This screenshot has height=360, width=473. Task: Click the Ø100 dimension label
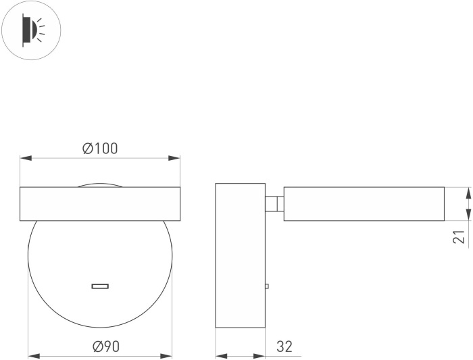click(x=100, y=149)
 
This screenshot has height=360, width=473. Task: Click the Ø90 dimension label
click(x=106, y=346)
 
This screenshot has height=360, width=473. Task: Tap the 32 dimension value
click(x=284, y=346)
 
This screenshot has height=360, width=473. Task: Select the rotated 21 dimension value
click(x=459, y=236)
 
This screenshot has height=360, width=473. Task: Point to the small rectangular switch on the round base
click(x=100, y=286)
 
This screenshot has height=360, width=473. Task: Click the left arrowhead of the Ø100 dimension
click(x=26, y=158)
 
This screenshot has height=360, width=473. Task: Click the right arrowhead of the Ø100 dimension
click(x=174, y=158)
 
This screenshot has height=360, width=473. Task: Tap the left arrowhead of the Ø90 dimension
click(x=34, y=356)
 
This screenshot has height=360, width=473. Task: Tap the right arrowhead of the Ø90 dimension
click(x=166, y=356)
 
